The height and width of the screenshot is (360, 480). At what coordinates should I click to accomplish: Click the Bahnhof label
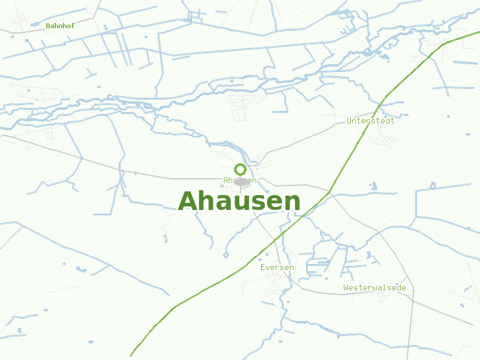tap(59, 26)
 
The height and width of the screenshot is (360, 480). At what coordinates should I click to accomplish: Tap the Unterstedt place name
tap(371, 121)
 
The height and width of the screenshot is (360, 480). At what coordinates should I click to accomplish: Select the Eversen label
tap(277, 267)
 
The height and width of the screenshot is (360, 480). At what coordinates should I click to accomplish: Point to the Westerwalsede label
tap(374, 288)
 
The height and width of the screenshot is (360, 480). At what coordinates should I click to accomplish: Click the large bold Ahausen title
tap(239, 202)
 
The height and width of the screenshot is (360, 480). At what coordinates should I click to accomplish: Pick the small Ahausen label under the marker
tap(240, 180)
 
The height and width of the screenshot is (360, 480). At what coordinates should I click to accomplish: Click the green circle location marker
tap(240, 169)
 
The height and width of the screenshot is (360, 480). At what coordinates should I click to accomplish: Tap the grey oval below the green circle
tap(241, 181)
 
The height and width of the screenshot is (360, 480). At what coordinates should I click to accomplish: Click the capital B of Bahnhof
tap(48, 26)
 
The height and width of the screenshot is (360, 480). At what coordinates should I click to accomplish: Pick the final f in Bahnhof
tap(71, 26)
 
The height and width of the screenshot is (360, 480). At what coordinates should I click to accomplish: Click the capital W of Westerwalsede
tap(346, 288)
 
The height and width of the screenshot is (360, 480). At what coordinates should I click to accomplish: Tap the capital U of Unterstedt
tap(349, 121)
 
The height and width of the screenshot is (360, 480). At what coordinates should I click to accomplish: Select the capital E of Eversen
tap(263, 267)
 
